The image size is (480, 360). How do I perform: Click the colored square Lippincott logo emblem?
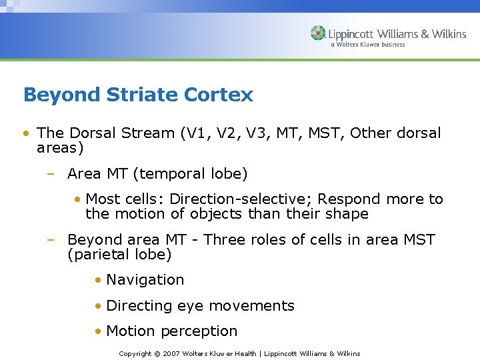[x=317, y=33]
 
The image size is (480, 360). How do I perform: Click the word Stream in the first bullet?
[x=148, y=133]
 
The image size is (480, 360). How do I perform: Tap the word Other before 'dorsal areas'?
[x=371, y=133]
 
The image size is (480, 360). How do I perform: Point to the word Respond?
[x=346, y=199]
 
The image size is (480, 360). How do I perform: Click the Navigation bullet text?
[x=145, y=280]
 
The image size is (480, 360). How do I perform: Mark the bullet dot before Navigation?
[x=97, y=280]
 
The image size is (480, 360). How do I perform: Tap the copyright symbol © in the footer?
[x=157, y=353]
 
